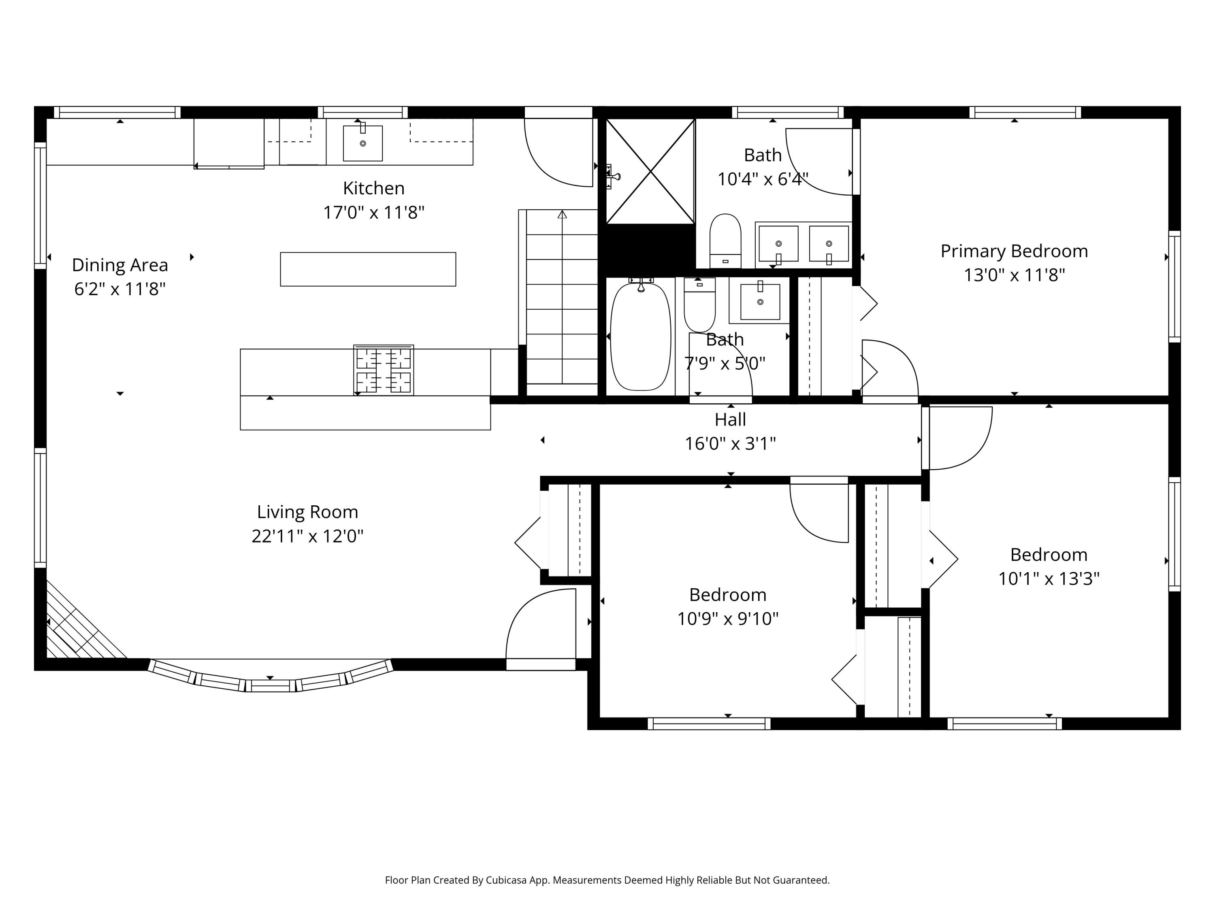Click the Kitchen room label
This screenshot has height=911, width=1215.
(x=373, y=188)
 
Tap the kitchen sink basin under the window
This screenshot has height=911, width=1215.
(x=362, y=143)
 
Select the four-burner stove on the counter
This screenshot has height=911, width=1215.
(x=384, y=370)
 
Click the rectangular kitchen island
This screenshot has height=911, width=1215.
(x=368, y=269)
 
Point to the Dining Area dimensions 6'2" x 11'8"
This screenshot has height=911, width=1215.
(x=120, y=289)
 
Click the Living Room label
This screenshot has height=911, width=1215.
(x=307, y=512)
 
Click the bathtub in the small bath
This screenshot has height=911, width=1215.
(x=640, y=336)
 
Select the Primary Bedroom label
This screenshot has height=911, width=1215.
(x=1014, y=251)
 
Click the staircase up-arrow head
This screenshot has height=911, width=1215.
(x=562, y=215)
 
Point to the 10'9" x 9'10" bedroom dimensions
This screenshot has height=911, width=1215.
(x=728, y=619)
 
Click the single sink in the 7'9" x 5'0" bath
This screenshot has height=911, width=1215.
(x=760, y=302)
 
